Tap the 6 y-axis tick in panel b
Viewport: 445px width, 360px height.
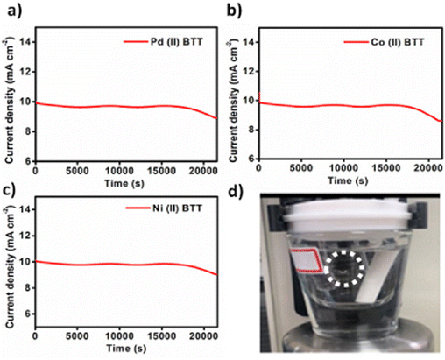[252, 161]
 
